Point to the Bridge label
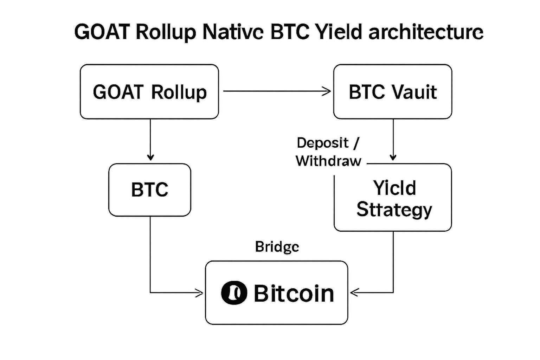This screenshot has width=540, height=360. pos(277,247)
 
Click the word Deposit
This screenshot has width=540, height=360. pos(323,143)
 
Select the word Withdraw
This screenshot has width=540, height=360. pos(328,161)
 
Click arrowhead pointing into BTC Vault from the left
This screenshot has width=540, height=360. pos(328,91)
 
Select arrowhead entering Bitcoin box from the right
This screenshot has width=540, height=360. pos(354,292)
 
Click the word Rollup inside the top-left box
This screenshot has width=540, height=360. pos(179,92)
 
